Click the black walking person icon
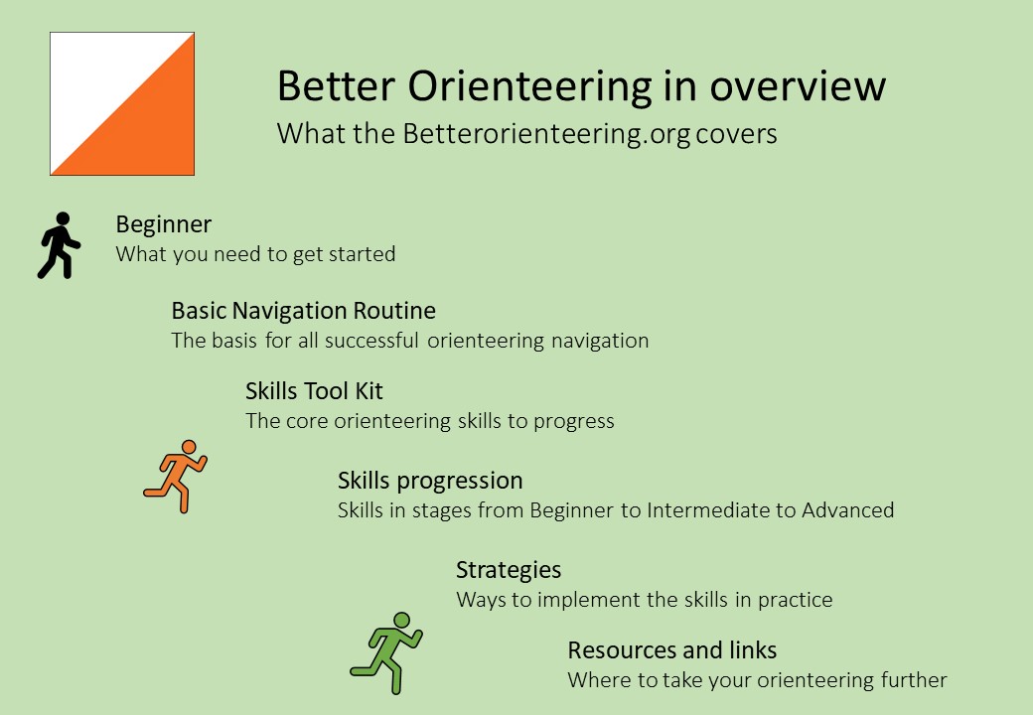[59, 245]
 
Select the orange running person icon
[176, 476]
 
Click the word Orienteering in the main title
[526, 86]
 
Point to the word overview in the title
[799, 86]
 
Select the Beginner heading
[163, 224]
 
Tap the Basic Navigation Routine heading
[303, 311]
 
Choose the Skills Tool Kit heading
[314, 391]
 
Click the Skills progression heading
[429, 481]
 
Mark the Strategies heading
[509, 570]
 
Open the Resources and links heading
[671, 650]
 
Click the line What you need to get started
[255, 254]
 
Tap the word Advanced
[847, 510]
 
